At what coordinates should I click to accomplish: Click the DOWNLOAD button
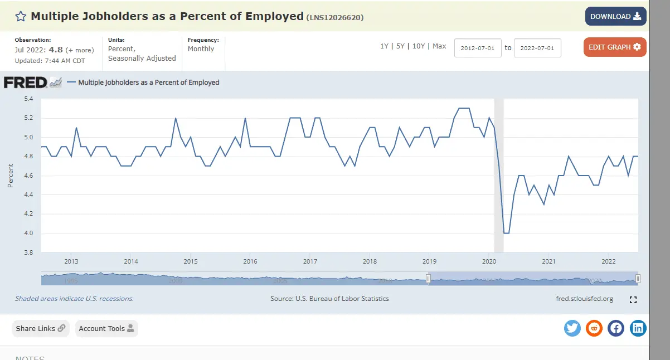point(615,16)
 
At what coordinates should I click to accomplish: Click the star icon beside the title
point(21,16)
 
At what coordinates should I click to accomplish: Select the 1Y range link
point(384,46)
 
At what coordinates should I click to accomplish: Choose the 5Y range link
point(400,46)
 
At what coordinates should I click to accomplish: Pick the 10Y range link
point(419,46)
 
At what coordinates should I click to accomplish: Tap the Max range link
point(439,46)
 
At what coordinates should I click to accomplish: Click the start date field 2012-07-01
point(478,48)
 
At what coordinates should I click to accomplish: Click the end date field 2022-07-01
point(537,48)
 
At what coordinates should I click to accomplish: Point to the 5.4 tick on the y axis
point(28,99)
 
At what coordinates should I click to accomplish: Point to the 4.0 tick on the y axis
point(28,233)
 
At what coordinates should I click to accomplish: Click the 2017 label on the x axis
point(310,261)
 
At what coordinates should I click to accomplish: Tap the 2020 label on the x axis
point(489,261)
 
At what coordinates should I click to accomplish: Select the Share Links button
point(41,328)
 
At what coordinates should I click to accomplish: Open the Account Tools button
point(106,328)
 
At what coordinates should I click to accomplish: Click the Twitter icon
point(572,328)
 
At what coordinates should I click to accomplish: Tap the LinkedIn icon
point(638,328)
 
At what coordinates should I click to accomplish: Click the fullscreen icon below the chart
point(633,300)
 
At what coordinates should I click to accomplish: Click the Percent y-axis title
point(11,176)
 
